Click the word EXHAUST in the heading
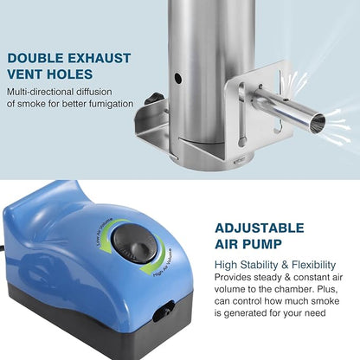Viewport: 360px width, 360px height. (100, 58)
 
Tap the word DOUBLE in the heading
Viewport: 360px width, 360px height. (35, 58)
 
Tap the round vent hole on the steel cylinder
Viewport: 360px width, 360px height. (178, 78)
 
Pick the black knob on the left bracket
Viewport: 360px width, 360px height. (152, 98)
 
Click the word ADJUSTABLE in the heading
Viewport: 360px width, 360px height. (260, 228)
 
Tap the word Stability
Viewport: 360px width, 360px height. (259, 265)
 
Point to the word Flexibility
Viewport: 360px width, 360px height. (314, 265)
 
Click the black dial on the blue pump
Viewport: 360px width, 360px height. (134, 243)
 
